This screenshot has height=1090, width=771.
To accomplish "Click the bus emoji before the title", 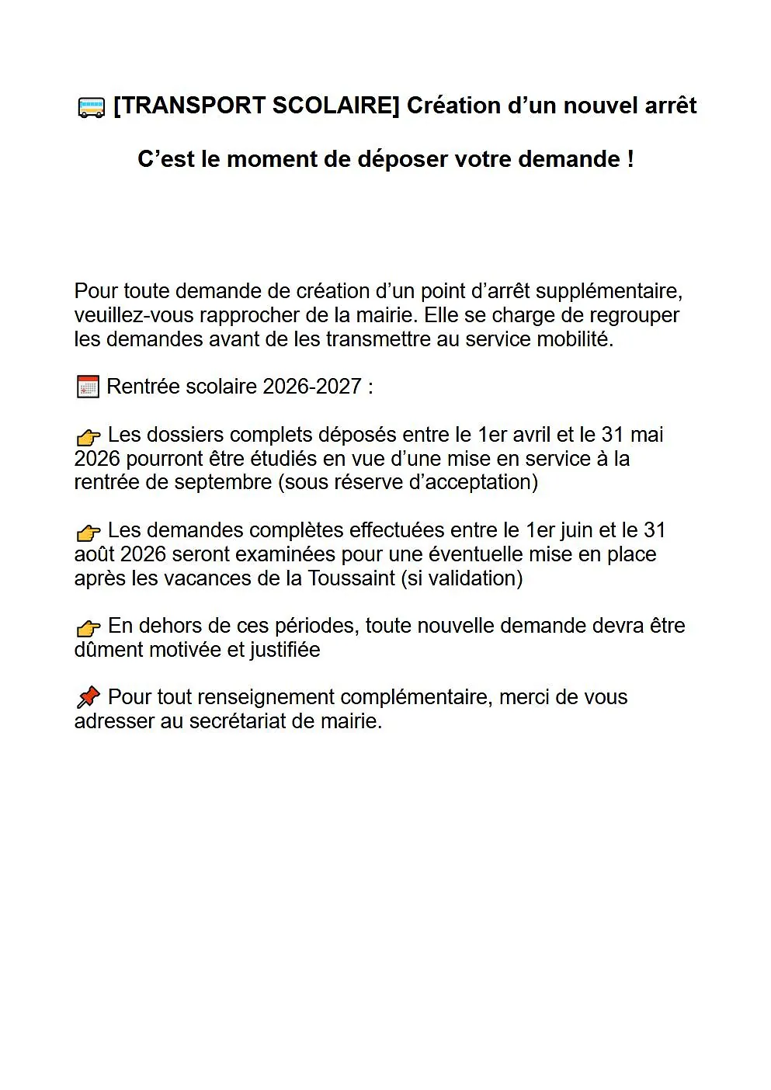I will [91, 107].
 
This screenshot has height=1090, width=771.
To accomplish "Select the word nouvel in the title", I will [593, 106].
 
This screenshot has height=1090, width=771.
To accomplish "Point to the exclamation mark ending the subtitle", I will [630, 159].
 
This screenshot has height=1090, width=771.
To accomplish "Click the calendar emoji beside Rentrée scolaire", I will [88, 387].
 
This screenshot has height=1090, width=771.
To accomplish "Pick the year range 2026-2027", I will [312, 387].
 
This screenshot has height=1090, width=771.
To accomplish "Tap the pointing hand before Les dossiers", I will [89, 436].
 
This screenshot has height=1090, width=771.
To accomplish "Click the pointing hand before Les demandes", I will [89, 532].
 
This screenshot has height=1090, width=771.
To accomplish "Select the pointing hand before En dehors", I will [89, 627].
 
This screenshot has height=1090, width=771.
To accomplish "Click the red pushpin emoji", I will [89, 697].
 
